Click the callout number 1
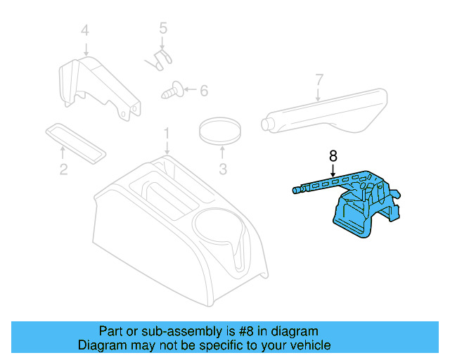coord(167,133)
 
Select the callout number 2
coord(63,169)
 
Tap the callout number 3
coord(223,169)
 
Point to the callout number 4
coord(85,30)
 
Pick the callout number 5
coord(163,29)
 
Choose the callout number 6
coord(204,91)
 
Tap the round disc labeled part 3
coord(221,131)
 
